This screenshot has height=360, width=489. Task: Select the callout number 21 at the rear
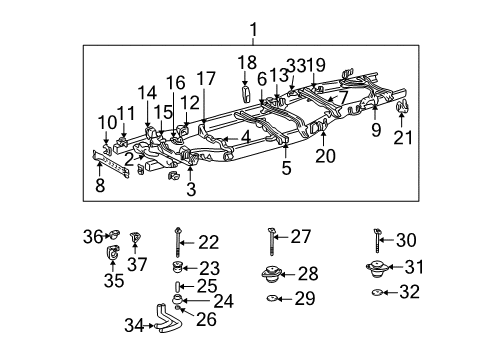(x=402, y=138)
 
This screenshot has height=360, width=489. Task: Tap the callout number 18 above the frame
(x=246, y=63)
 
